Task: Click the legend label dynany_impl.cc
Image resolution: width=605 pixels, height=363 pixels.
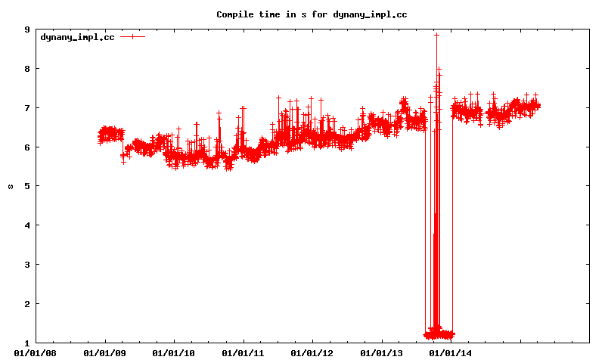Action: coord(77,36)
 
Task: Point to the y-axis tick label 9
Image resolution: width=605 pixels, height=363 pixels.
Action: coord(27,29)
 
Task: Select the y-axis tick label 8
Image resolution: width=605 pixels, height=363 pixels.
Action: coord(27,69)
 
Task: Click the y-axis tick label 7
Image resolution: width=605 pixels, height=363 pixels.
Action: coord(27,108)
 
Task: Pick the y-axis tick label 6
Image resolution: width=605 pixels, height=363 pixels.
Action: coord(27,147)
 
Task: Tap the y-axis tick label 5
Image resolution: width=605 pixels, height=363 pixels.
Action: coord(27,186)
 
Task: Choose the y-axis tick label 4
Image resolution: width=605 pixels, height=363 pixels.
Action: coord(27,225)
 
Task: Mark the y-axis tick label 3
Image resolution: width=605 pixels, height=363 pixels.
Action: coord(27,265)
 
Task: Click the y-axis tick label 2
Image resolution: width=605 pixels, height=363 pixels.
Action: coord(27,304)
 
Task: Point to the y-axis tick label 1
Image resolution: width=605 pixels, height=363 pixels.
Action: coord(27,343)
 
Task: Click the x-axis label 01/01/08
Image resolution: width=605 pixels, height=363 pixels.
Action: coord(36,352)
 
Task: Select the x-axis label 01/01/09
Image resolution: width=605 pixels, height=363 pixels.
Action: coord(105,352)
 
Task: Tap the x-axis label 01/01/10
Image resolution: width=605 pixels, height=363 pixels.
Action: coord(174,352)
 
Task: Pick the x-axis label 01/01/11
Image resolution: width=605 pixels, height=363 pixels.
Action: coord(244,352)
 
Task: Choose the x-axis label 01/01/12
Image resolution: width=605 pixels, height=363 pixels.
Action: coord(312,352)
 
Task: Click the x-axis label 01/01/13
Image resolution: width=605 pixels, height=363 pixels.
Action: coord(382,352)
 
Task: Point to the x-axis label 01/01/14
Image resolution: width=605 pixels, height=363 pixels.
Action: coord(451,352)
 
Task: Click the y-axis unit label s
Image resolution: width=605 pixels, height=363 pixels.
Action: coord(10,186)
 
